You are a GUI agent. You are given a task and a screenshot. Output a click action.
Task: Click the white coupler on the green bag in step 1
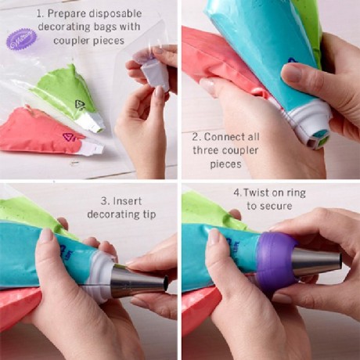point(92,121)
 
